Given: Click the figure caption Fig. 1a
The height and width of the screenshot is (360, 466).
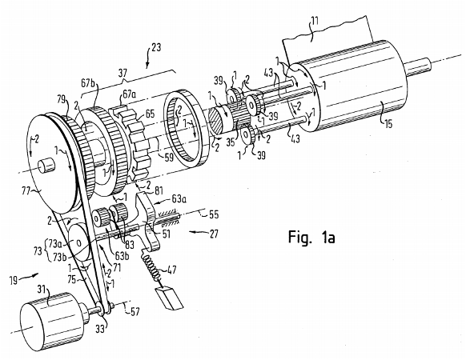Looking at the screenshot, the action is (x=311, y=237).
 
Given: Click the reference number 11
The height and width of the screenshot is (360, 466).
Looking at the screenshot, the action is (x=314, y=21).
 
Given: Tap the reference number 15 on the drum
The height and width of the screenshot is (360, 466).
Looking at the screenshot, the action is (x=388, y=122).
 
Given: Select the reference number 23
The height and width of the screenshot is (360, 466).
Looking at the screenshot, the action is (x=156, y=47).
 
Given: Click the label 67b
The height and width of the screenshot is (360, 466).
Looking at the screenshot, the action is (x=87, y=83).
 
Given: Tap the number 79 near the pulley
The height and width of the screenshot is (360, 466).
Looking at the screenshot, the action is (x=62, y=99).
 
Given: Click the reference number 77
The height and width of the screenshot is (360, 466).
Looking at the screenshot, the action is (x=26, y=190).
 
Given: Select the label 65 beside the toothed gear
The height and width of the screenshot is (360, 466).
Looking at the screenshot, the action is (x=150, y=114).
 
